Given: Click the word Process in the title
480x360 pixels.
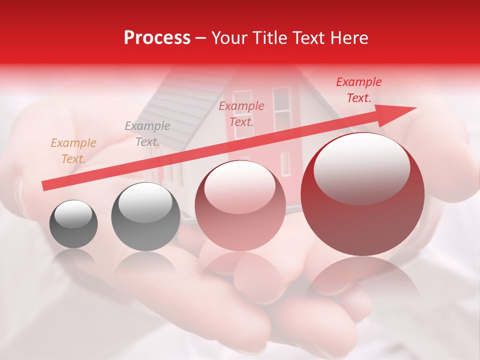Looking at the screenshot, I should pyautogui.click(x=157, y=38).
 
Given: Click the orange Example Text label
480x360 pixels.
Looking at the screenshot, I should pyautogui.click(x=73, y=151).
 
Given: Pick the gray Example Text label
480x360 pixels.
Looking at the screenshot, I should pyautogui.click(x=147, y=134).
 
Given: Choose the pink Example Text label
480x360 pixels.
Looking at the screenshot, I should pyautogui.click(x=241, y=113).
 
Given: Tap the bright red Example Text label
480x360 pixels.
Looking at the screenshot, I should pyautogui.click(x=358, y=90).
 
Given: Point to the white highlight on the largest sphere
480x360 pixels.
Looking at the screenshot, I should pyautogui.click(x=361, y=167).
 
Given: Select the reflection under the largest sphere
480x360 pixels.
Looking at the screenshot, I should pyautogui.click(x=362, y=280).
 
